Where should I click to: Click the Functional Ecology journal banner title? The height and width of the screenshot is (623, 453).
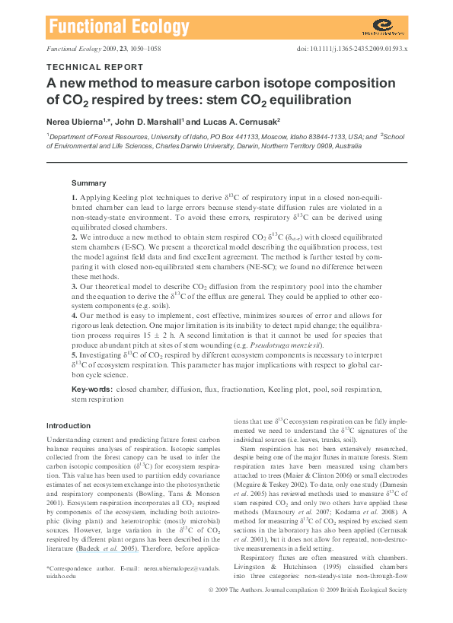click(x=118, y=27)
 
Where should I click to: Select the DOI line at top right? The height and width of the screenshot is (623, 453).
click(x=353, y=49)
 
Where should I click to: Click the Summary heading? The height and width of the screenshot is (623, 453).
click(x=88, y=183)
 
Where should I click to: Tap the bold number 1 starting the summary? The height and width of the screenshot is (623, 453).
click(x=74, y=198)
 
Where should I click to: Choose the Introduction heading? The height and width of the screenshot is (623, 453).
click(x=69, y=425)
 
